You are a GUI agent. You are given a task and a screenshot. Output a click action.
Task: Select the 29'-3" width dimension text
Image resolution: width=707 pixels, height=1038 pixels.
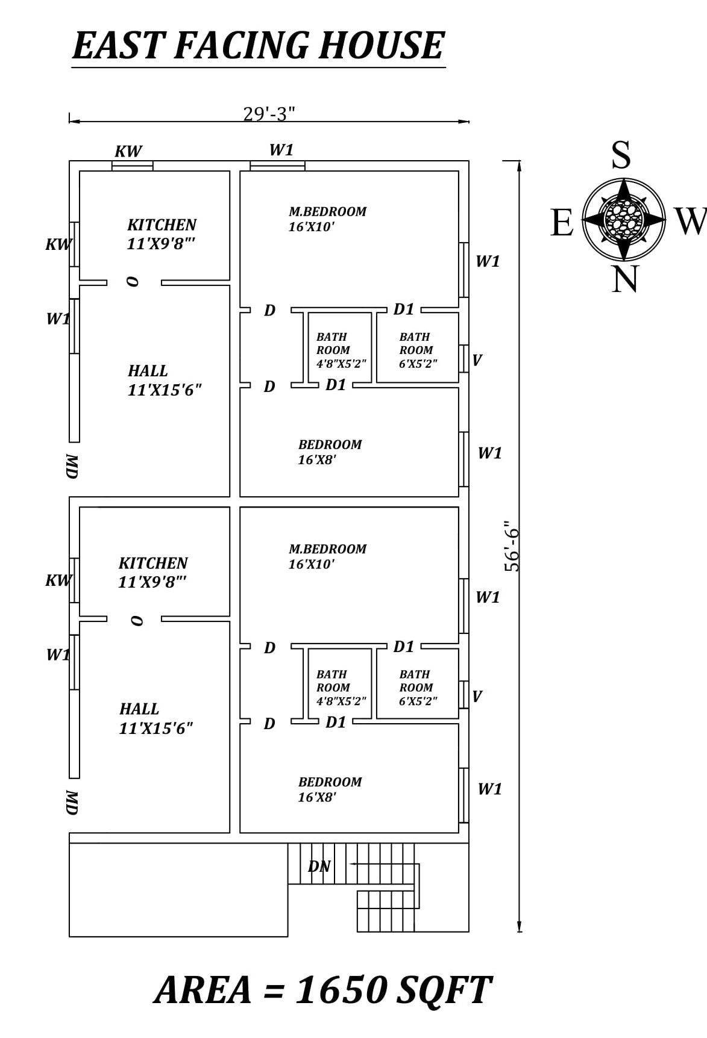pyautogui.click(x=269, y=113)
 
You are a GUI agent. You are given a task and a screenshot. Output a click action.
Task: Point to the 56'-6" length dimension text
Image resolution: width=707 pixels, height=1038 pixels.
pyautogui.click(x=512, y=546)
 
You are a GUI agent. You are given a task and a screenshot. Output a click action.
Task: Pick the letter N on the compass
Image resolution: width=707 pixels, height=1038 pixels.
pyautogui.click(x=625, y=279)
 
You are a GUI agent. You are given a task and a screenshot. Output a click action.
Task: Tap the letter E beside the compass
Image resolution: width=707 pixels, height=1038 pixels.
pyautogui.click(x=561, y=223)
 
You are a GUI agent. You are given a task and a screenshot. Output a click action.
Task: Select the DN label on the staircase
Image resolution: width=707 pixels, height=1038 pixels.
pyautogui.click(x=319, y=866)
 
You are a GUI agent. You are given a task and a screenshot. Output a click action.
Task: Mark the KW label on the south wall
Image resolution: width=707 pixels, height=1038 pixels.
pyautogui.click(x=128, y=151)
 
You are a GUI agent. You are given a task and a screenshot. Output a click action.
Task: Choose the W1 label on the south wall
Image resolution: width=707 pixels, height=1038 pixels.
pyautogui.click(x=281, y=150)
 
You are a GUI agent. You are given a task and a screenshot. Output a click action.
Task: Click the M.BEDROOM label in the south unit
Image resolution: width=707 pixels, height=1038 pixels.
pyautogui.click(x=327, y=212)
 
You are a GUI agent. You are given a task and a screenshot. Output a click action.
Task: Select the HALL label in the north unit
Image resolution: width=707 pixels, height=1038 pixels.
pyautogui.click(x=139, y=709)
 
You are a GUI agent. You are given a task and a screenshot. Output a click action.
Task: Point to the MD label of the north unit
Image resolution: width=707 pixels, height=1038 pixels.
pyautogui.click(x=72, y=803)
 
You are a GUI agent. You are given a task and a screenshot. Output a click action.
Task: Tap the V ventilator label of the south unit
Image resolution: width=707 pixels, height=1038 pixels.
pyautogui.click(x=477, y=360)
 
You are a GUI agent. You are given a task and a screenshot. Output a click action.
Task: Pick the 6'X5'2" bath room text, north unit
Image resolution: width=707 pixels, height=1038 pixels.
pyautogui.click(x=418, y=701)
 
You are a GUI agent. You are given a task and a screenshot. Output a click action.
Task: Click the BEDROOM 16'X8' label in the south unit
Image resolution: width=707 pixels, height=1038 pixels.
pyautogui.click(x=330, y=452)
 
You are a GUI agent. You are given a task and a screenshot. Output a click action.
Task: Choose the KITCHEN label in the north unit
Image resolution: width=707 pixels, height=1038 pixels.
pyautogui.click(x=153, y=564)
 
